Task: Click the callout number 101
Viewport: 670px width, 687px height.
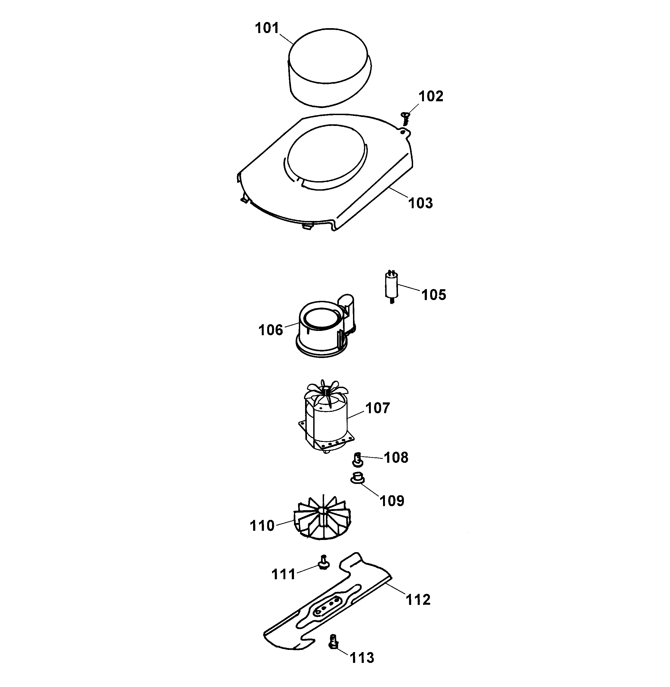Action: click(267, 28)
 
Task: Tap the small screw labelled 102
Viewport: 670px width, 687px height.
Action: click(405, 118)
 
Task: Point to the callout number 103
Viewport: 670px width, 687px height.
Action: click(420, 203)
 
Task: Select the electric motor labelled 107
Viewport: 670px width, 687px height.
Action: click(325, 422)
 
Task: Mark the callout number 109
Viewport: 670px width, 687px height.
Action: click(392, 500)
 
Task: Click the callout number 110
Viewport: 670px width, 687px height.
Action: click(262, 526)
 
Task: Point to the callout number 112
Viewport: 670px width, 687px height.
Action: click(418, 599)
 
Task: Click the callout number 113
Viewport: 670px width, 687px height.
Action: click(362, 657)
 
